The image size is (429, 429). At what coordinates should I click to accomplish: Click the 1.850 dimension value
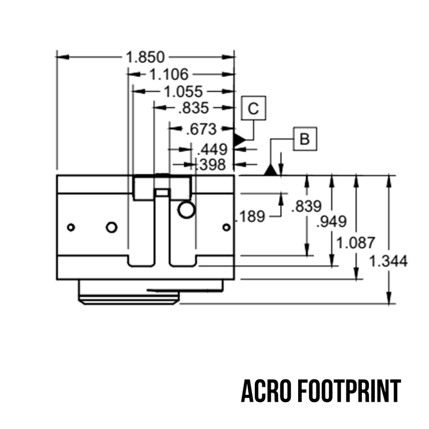(145, 56)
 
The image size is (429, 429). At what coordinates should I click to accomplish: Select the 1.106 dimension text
(168, 75)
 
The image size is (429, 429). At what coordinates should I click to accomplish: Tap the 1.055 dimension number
(183, 92)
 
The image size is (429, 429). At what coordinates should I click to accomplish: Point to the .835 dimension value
(193, 108)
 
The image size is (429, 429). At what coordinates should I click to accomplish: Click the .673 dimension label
(200, 129)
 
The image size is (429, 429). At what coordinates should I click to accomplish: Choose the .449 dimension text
(212, 149)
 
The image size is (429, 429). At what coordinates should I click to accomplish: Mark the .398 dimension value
(212, 165)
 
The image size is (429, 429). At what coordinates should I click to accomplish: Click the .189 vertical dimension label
(251, 216)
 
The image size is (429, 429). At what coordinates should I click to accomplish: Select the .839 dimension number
(306, 206)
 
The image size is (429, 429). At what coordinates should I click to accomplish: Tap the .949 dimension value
(331, 221)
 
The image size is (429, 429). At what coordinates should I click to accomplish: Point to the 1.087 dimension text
(355, 242)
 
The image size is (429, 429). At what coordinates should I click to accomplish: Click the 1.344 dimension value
(388, 261)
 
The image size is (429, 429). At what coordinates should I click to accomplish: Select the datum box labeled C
(254, 109)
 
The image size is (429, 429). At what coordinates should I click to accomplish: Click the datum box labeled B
(305, 139)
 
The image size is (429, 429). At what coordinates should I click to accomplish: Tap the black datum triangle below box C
(239, 139)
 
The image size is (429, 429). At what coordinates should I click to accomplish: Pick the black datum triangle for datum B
(271, 171)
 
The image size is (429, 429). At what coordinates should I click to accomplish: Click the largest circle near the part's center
(186, 210)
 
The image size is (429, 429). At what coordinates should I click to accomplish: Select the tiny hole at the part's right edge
(226, 227)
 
